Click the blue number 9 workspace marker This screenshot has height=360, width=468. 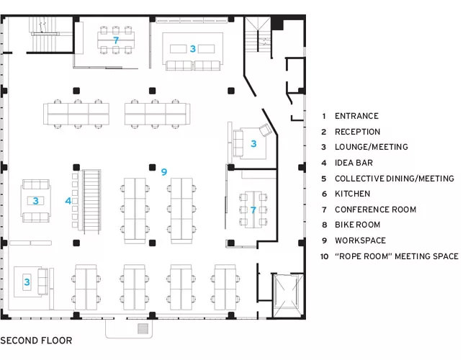coord(164,172)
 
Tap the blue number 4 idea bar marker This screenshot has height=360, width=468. coord(68,201)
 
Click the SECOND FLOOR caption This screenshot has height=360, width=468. coord(36,341)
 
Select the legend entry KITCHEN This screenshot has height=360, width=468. coord(352,194)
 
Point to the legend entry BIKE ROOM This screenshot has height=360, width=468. coord(357,225)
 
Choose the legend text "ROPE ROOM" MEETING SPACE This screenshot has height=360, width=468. coord(397,256)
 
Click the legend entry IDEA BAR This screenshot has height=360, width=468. coord(354,163)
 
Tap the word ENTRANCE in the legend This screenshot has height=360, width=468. coord(356,116)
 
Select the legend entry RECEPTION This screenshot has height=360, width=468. coord(357,132)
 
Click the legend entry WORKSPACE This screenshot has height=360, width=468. coord(360,240)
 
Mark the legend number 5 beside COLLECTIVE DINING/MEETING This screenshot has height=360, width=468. coord(324,179)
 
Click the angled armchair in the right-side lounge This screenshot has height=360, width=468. coord(266,130)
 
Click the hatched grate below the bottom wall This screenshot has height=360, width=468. coord(143,328)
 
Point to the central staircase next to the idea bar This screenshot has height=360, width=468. coord(91,202)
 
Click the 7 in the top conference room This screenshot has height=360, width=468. coord(116,40)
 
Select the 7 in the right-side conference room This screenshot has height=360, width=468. coord(253,210)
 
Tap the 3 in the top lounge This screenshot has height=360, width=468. coord(192,49)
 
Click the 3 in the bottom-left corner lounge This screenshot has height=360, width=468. coord(27,282)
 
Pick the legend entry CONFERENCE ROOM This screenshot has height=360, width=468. coord(375,210)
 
